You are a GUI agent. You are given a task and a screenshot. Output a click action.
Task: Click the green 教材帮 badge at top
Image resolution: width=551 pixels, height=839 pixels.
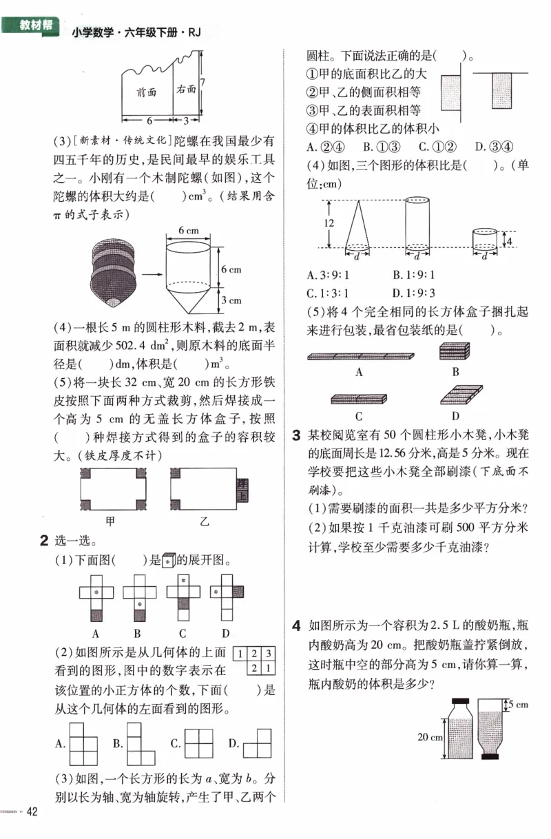32,27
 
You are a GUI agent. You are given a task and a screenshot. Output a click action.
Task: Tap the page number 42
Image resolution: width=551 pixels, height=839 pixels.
31,813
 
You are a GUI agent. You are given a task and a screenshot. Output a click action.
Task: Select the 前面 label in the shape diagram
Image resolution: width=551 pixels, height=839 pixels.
147,92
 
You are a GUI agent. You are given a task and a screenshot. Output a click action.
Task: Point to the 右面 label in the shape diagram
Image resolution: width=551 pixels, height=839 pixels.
186,89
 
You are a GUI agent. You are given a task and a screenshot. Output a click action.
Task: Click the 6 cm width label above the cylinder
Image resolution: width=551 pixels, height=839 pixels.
189,229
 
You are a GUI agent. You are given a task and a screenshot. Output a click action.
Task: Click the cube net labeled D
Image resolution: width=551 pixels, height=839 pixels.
227,596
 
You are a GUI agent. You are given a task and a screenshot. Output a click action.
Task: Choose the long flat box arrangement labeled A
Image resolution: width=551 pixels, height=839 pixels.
360,356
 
